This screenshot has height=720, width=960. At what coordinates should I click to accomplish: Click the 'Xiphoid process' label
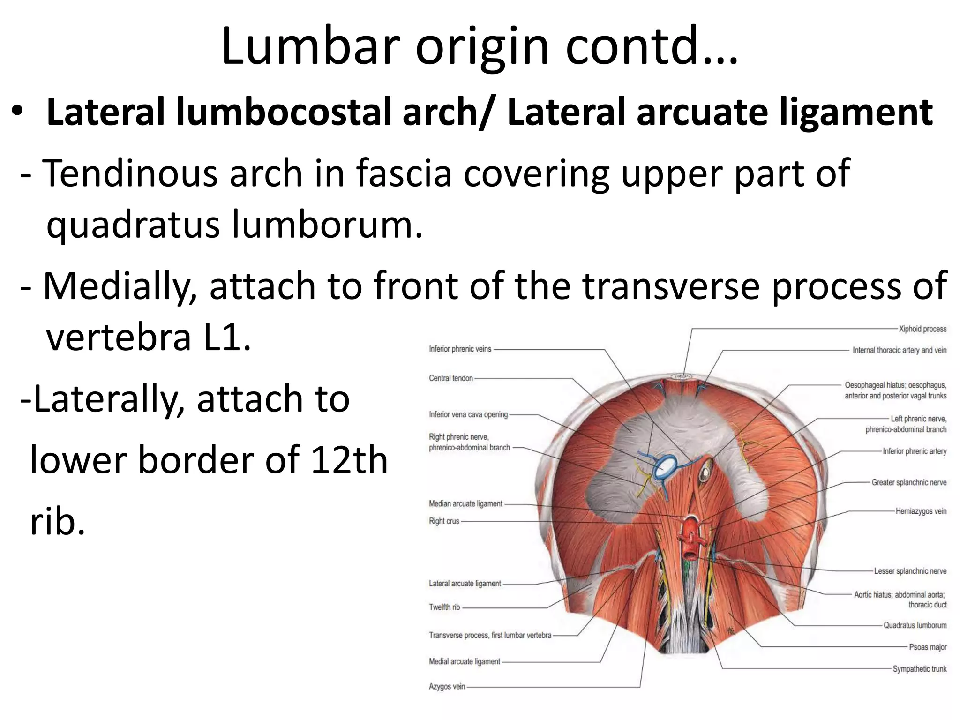[922, 329]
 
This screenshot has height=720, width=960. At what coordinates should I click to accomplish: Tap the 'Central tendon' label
[451, 378]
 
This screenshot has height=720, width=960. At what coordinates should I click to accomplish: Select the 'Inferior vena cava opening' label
[468, 414]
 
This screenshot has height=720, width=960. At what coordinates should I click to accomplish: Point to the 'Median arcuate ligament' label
[465, 504]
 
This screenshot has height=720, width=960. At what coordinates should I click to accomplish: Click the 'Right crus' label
[444, 521]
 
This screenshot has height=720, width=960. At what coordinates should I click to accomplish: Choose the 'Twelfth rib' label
[444, 607]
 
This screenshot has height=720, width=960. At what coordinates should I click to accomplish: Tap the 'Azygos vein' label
[447, 687]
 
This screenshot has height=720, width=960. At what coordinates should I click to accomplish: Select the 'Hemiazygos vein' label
[921, 511]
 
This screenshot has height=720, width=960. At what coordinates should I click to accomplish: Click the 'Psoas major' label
[928, 647]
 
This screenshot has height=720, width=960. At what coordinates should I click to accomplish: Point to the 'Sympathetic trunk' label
[919, 669]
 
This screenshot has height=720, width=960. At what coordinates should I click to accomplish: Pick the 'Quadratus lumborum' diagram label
[915, 625]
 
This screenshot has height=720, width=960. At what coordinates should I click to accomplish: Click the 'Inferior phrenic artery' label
[914, 451]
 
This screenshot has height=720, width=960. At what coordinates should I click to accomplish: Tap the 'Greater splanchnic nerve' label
[908, 482]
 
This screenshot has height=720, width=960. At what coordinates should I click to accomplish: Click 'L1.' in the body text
[227, 337]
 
